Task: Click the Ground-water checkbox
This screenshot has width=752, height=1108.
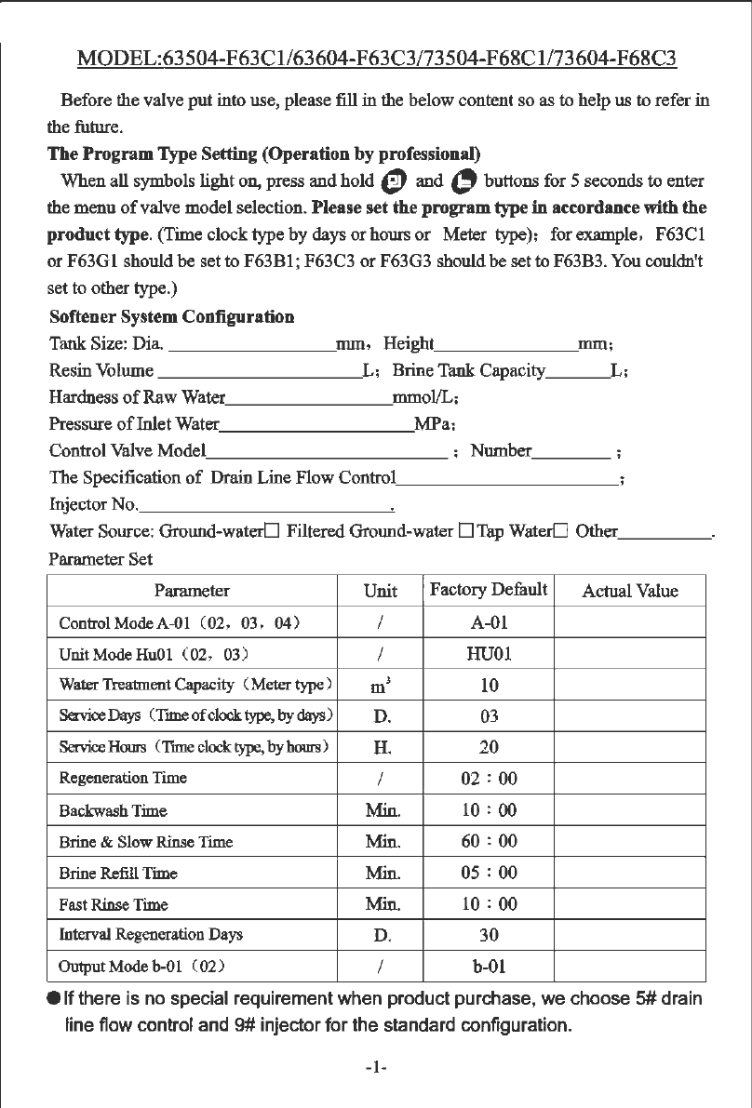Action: [x=272, y=531]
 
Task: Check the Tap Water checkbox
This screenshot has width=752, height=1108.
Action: [x=561, y=531]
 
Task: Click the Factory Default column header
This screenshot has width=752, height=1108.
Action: [x=489, y=590]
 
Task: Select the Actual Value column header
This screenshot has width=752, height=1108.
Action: [x=630, y=591]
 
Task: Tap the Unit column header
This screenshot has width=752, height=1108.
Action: [x=381, y=591]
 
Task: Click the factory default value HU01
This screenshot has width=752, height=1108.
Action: [x=489, y=654]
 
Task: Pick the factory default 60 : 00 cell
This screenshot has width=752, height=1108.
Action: [x=489, y=841]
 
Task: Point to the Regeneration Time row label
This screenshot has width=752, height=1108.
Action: [x=123, y=778]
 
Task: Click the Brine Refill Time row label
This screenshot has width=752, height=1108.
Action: [x=118, y=873]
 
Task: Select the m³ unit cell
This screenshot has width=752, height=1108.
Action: [x=381, y=686]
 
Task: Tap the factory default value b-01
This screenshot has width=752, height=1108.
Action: [x=489, y=966]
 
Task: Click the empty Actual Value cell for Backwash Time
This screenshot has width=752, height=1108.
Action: [x=629, y=810]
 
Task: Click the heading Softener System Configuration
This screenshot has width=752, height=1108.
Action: [x=171, y=317]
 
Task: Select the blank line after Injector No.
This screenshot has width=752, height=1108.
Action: [x=265, y=506]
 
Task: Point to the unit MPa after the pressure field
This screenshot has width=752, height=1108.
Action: [x=432, y=425]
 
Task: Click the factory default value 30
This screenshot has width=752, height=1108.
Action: [x=489, y=934]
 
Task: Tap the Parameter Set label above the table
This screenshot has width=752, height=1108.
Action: [x=101, y=559]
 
